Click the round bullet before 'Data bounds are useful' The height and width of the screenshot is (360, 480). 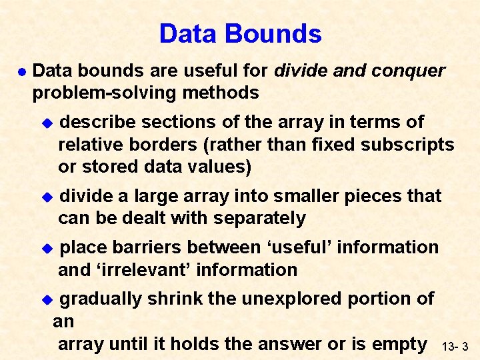coord(22,71)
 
